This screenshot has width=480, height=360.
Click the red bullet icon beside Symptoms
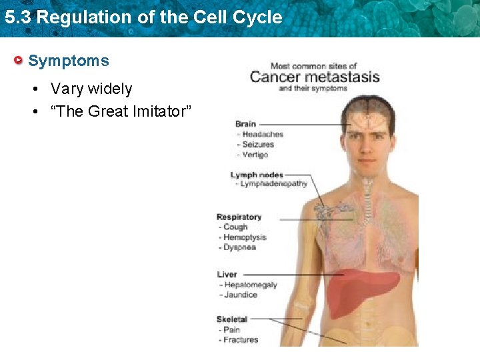tap(20, 61)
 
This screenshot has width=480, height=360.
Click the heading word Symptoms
tap(69, 61)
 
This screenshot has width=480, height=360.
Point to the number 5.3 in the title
tap(17, 17)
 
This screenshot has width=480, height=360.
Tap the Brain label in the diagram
tap(246, 124)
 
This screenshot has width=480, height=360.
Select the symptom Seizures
tap(258, 144)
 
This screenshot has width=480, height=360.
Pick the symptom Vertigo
tap(255, 155)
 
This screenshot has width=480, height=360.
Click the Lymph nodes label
tap(257, 175)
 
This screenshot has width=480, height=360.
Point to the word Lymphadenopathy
tap(273, 184)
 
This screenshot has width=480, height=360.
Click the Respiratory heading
tap(239, 217)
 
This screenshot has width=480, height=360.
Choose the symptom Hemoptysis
tap(245, 237)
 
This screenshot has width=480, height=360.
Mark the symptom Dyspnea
tap(239, 247)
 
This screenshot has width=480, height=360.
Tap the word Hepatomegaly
tap(251, 285)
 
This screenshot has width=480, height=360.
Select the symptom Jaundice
tap(241, 295)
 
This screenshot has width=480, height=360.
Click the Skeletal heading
tap(232, 319)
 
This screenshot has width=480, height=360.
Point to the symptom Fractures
tap(241, 340)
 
